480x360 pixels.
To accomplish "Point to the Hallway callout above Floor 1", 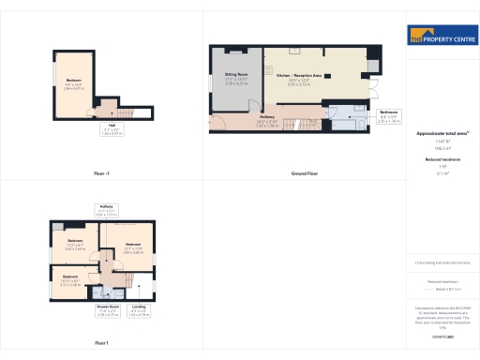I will (105, 211).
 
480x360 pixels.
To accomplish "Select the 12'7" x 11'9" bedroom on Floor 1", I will (131, 248).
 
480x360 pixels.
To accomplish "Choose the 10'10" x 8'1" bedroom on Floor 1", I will (70, 277).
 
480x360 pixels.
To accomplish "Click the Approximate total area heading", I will (442, 133).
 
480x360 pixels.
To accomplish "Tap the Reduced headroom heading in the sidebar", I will (442, 160).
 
